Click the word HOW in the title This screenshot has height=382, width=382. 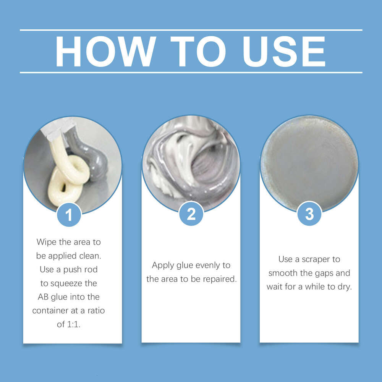(106, 51)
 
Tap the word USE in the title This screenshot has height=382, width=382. (284, 51)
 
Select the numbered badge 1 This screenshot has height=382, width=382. (69, 215)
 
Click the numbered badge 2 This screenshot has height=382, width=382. (191, 214)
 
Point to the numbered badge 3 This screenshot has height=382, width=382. (309, 214)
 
